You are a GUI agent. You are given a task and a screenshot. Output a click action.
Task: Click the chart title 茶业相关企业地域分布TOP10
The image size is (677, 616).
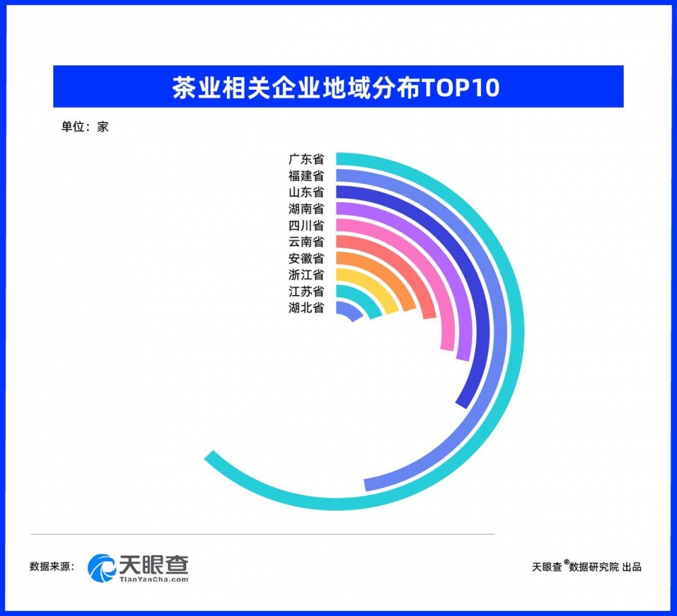pos(336,87)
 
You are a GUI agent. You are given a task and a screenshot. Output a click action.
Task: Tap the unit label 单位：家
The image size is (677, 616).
pos(85,127)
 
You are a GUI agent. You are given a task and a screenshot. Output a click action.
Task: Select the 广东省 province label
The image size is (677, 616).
pos(306,159)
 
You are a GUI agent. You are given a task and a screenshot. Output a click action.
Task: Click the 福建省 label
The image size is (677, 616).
pos(306,176)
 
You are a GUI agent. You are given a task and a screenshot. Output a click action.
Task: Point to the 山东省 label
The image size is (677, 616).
pos(306,192)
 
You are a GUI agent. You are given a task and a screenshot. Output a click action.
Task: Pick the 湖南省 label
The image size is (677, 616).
pos(306,209)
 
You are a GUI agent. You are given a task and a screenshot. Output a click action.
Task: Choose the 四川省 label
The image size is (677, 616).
pos(306,225)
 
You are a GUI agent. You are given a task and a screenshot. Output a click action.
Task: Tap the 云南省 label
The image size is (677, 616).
pos(306,242)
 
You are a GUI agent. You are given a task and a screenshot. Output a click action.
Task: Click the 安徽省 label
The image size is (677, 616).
pos(306,258)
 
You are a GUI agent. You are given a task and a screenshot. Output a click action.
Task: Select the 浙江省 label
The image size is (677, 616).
pos(306,275)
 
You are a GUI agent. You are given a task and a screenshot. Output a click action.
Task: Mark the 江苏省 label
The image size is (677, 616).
pos(306,291)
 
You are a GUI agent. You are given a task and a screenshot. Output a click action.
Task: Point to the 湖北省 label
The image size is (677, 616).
pos(306,308)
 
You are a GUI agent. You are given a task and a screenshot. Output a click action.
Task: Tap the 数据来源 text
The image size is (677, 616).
pos(52,567)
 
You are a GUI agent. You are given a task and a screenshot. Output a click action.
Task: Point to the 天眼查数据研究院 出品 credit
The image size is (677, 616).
pos(586,567)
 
